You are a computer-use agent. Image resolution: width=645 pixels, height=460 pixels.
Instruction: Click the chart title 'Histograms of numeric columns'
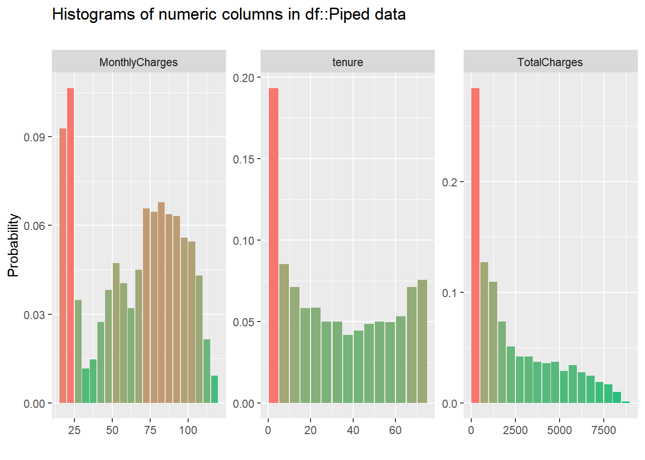coord(228,15)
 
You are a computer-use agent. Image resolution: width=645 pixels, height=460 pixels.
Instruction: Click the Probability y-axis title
coord(13,245)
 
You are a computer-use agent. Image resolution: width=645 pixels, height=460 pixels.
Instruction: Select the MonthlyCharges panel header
coord(138,62)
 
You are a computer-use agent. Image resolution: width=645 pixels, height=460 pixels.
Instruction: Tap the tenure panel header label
coord(347,62)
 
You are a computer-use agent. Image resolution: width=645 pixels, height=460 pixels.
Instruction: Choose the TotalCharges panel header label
coord(550,62)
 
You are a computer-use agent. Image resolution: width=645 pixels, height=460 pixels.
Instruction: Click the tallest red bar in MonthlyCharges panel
coord(71,244)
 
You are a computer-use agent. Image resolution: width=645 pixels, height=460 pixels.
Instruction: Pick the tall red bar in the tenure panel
coord(273,244)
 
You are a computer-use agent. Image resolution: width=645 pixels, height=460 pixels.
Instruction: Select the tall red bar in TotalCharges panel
coord(475,244)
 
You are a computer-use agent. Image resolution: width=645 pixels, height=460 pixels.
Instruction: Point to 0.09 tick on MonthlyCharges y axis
coord(35,138)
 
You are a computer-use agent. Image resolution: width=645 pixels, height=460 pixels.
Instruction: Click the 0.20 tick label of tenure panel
coord(244,78)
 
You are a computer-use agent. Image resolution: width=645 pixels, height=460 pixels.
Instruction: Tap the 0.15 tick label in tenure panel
coord(244,160)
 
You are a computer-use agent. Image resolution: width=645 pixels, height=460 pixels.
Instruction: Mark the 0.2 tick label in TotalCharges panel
coord(450,183)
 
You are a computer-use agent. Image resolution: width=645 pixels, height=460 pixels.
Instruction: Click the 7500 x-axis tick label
coord(604,430)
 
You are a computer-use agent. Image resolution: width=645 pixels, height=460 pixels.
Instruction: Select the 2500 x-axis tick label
coord(515,430)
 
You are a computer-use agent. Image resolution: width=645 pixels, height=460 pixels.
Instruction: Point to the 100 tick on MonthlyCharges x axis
coord(188,430)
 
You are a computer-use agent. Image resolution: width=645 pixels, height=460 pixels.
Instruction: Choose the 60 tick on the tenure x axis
coord(395,430)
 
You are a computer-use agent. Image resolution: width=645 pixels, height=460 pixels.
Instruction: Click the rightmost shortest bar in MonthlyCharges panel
coord(215,390)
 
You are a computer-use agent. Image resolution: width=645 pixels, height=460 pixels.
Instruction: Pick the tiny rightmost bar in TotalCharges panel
coord(626,402)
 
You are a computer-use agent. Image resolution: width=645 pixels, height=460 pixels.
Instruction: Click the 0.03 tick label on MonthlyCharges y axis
coord(35,315)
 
